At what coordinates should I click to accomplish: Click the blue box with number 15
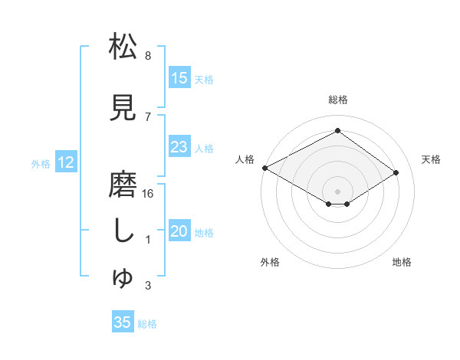(179, 78)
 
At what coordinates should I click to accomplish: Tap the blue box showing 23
(179, 148)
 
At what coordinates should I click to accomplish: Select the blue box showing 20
(179, 232)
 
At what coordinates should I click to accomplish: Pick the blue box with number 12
(66, 162)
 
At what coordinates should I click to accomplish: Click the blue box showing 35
(123, 322)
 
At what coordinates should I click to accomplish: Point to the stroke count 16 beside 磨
(149, 194)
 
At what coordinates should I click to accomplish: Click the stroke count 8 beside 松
(148, 56)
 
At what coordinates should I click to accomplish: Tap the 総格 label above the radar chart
(337, 100)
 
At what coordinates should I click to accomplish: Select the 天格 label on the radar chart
(431, 159)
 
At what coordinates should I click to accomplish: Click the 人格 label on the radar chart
(245, 159)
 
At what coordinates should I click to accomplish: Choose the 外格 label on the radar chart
(269, 263)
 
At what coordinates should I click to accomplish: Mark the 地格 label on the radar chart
(402, 263)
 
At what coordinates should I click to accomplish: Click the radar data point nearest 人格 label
(264, 167)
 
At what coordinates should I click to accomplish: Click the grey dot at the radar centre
(337, 190)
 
